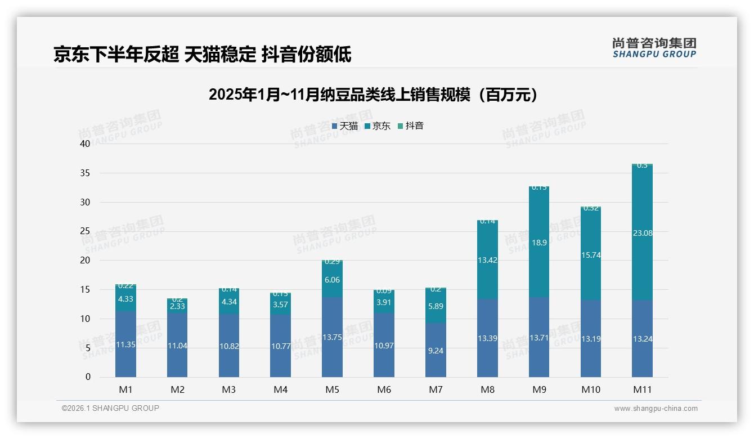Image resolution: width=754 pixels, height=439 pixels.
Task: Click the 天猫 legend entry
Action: [x=345, y=126]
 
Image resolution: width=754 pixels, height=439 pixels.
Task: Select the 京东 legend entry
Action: [x=378, y=126]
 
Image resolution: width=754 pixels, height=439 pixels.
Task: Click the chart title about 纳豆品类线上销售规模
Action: [x=373, y=95]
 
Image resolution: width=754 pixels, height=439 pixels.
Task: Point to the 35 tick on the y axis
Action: [x=85, y=173]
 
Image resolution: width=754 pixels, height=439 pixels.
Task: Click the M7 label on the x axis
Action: [x=436, y=389]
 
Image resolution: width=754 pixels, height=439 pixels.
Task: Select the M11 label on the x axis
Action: [x=642, y=389]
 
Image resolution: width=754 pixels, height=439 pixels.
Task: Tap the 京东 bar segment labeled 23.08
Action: [x=642, y=233]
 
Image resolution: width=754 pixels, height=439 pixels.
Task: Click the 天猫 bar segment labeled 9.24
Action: [x=436, y=350]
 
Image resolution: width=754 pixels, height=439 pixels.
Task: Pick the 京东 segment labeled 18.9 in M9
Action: [x=539, y=243]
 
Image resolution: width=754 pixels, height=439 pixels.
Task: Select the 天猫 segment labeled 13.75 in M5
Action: [x=332, y=338]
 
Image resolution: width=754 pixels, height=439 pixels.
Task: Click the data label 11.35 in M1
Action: [x=125, y=345]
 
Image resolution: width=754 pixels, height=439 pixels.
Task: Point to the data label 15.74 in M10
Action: [x=590, y=255]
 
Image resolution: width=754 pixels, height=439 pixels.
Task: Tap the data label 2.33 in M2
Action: [x=177, y=306]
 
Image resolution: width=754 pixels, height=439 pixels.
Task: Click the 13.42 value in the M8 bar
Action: [x=487, y=260]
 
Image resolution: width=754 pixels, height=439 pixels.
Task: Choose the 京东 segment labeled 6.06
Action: [x=332, y=280]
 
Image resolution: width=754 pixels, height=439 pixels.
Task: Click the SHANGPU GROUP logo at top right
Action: [x=654, y=48]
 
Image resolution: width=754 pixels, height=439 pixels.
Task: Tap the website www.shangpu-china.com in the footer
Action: [x=656, y=409]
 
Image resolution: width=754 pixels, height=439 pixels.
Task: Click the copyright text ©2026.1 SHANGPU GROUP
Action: [x=110, y=408]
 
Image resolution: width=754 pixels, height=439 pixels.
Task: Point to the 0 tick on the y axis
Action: [x=88, y=377]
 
